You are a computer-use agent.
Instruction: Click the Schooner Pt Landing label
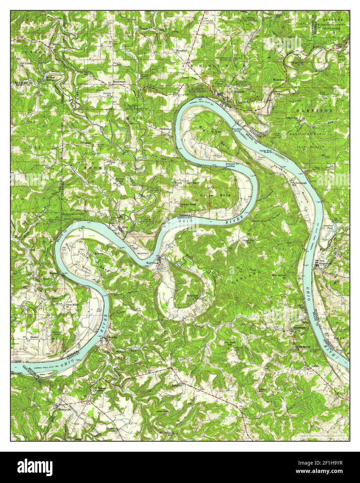coord(232,164)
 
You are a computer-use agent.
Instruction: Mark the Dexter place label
coord(34,337)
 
